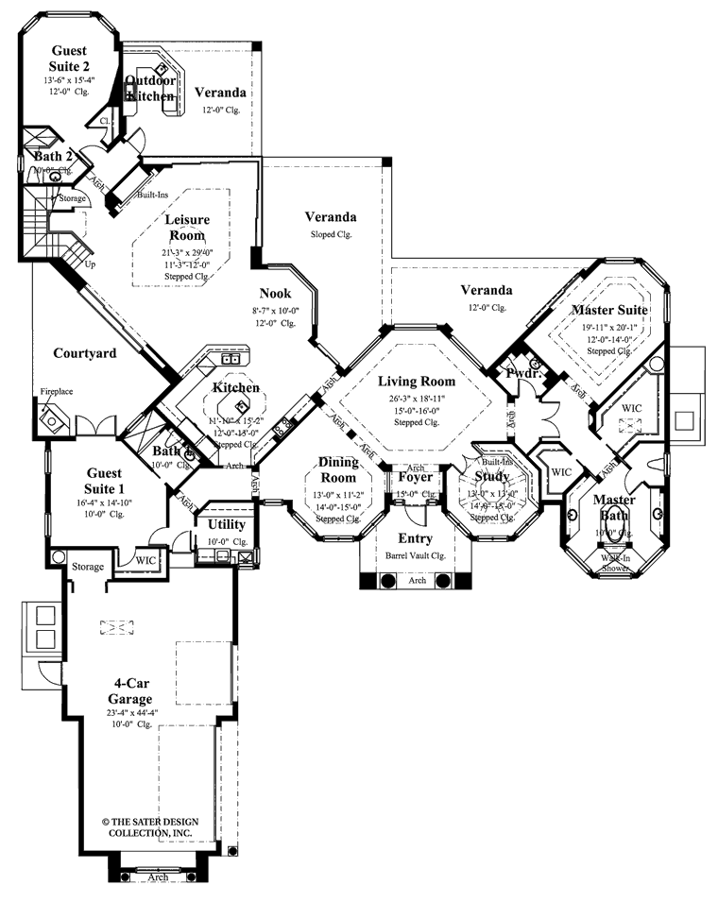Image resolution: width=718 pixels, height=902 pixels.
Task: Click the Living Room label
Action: point(417,382)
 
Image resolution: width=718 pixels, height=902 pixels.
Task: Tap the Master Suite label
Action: point(609,309)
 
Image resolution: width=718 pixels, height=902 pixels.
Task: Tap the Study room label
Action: point(491,476)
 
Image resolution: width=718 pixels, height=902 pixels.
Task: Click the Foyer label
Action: point(414,478)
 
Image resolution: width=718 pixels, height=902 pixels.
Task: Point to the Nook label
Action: point(276,293)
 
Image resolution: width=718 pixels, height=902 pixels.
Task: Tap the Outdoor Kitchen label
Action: point(151,89)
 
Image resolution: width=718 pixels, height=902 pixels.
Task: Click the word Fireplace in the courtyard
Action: point(56,390)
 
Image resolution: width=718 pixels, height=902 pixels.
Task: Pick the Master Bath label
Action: point(614,507)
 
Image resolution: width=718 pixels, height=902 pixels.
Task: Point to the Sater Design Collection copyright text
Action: point(146,827)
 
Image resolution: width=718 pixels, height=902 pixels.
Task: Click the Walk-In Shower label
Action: point(617,563)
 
